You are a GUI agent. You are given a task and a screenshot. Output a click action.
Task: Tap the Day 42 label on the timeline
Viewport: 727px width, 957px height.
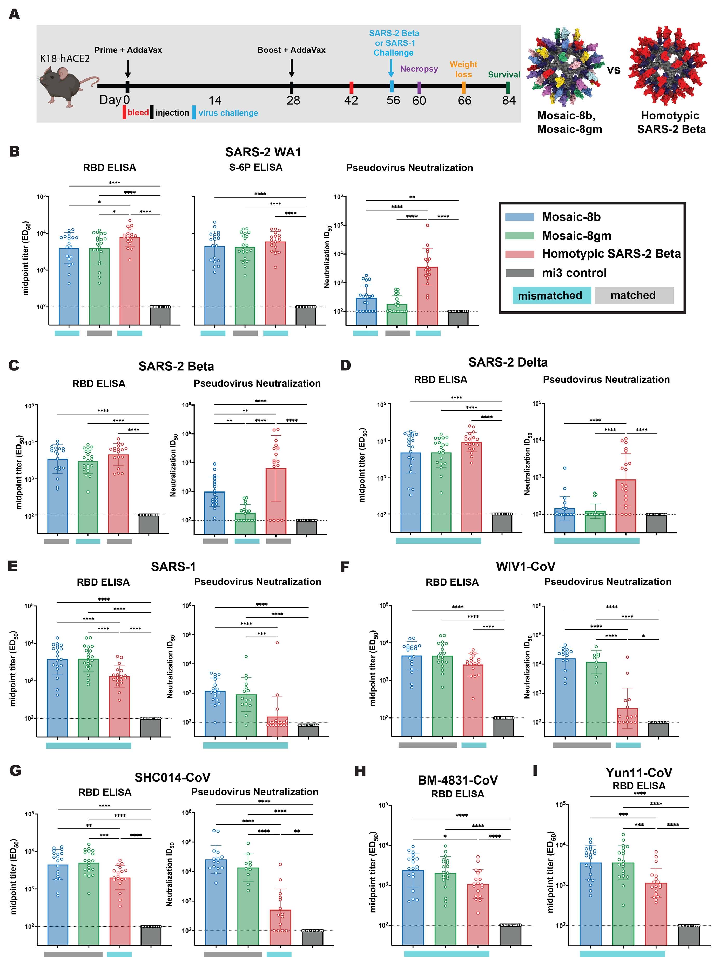point(351,101)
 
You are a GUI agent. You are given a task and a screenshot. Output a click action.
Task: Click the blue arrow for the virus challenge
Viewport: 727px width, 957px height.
point(391,68)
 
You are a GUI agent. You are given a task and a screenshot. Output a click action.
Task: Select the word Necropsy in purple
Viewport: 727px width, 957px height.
point(419,69)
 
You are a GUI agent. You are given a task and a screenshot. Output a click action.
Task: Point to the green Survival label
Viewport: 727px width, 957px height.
point(504,75)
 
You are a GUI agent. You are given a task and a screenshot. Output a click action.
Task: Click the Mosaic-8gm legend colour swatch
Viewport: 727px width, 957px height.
point(519,235)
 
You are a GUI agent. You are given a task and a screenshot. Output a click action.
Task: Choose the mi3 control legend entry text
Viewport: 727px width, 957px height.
point(574,273)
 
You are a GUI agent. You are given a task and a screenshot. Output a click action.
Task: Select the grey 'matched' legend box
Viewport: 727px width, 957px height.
point(634,296)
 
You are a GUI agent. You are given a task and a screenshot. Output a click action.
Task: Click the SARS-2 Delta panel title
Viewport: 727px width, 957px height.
point(508,362)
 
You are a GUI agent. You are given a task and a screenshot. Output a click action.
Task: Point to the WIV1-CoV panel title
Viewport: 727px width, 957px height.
point(525,567)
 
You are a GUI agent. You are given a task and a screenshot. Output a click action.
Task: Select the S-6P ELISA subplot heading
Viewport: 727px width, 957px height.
point(256,168)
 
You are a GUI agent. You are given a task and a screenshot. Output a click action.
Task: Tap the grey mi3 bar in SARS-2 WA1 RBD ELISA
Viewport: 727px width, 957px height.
point(160,316)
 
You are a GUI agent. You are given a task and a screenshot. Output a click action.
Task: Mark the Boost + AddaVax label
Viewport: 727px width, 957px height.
point(291,50)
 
